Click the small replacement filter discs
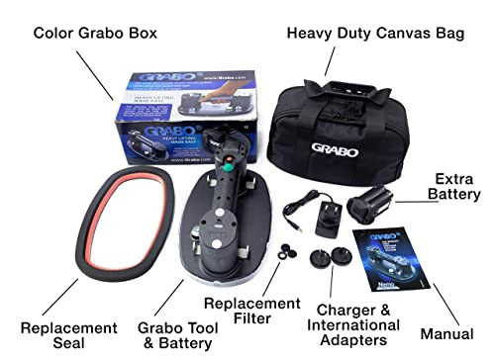pyautogui.click(x=290, y=249)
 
